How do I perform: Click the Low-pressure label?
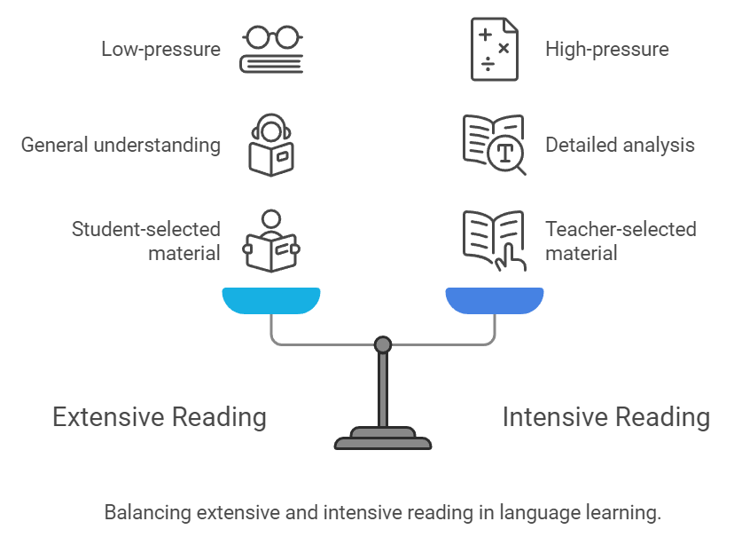click(160, 49)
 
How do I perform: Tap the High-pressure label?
click(606, 49)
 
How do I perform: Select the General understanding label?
click(121, 145)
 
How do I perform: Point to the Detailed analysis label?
click(620, 145)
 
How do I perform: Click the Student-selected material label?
click(145, 241)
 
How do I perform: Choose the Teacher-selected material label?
click(620, 241)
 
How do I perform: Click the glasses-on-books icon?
click(271, 49)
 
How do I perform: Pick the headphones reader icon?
click(271, 145)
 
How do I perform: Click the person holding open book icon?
click(271, 241)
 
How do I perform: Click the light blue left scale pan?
click(270, 302)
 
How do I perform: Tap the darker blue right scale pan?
click(494, 302)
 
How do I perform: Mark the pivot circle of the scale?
click(383, 344)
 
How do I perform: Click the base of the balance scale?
click(383, 439)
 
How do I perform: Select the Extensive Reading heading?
click(160, 417)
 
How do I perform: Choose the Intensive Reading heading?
click(606, 417)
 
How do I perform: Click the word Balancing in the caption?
click(146, 513)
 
